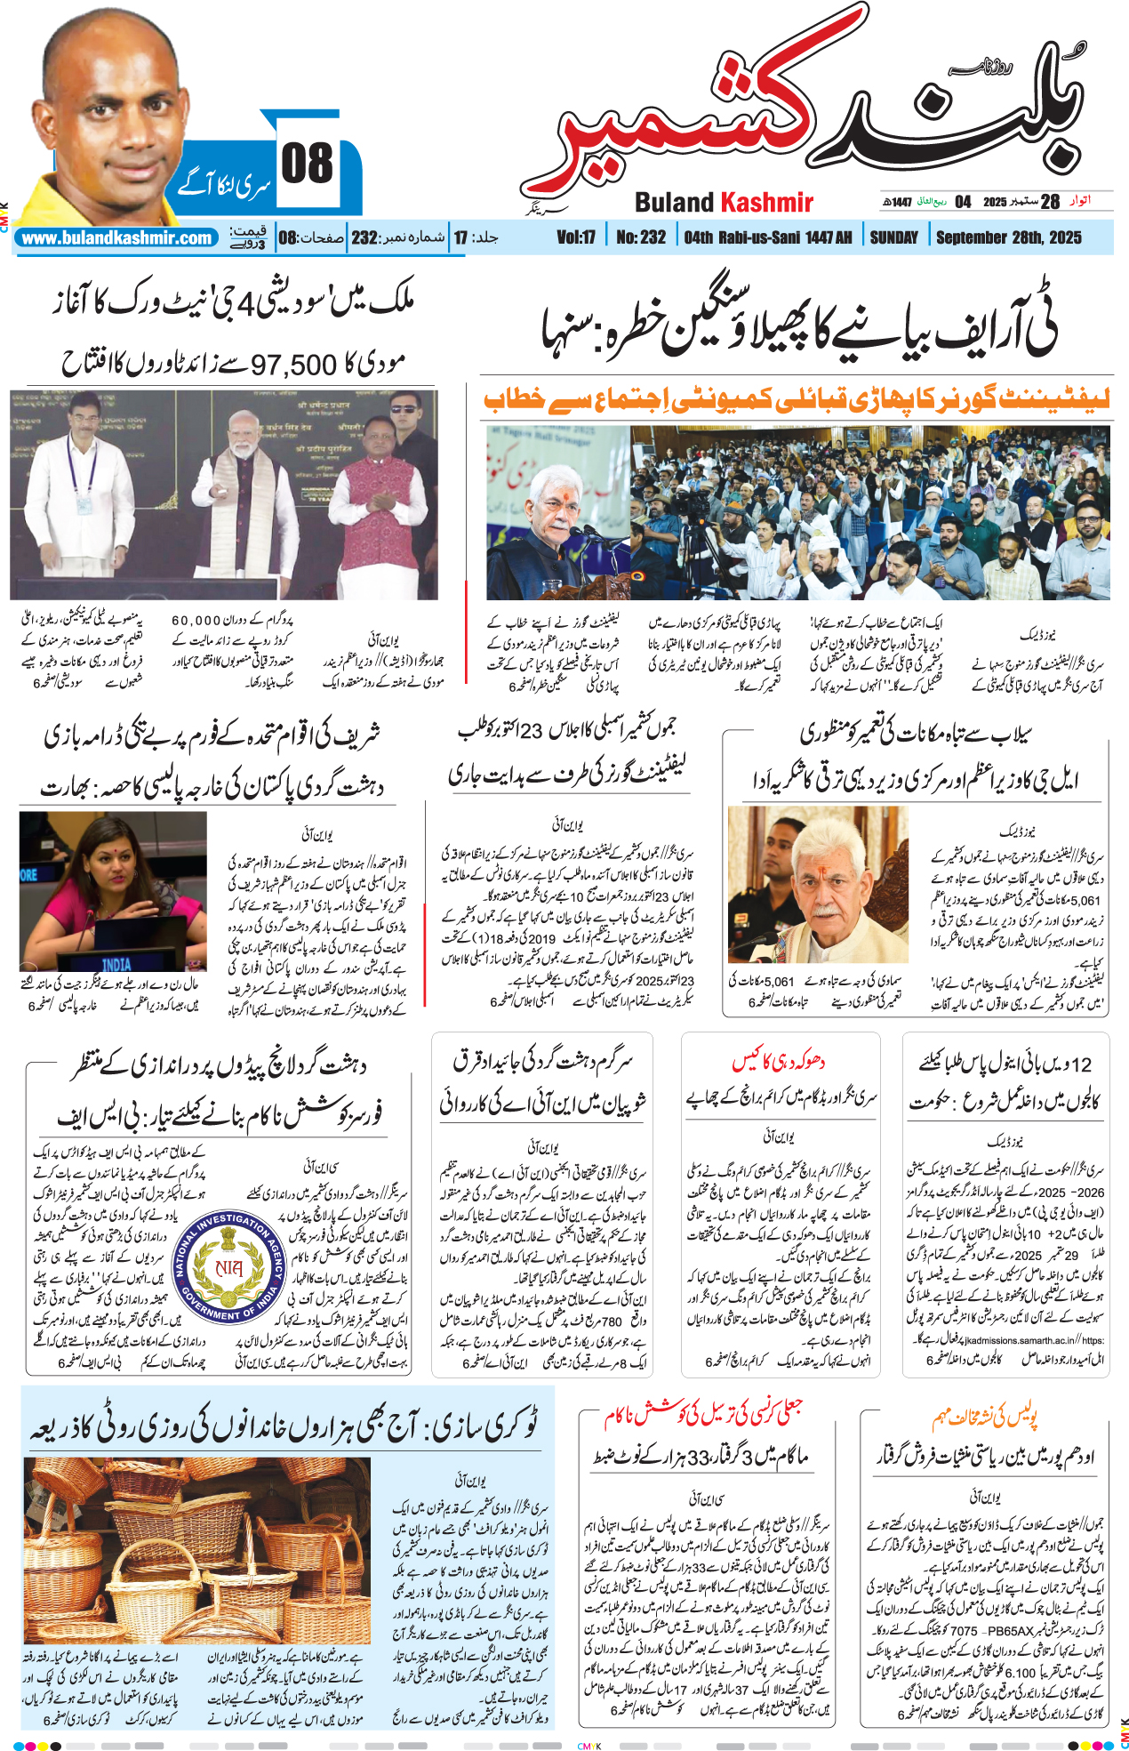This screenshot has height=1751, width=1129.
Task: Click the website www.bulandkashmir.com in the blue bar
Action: pyautogui.click(x=116, y=238)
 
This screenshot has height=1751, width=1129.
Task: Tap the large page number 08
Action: pyautogui.click(x=308, y=165)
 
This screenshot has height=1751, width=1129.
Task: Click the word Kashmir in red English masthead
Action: pyautogui.click(x=765, y=203)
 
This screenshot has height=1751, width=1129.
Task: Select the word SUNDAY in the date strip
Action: pyautogui.click(x=893, y=237)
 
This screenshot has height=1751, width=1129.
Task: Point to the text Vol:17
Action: pyautogui.click(x=576, y=237)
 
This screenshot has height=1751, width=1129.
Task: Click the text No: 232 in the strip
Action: pyautogui.click(x=640, y=237)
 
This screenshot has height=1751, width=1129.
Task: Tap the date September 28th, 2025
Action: pyautogui.click(x=1009, y=237)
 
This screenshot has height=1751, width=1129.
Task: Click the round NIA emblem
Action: pyautogui.click(x=229, y=1265)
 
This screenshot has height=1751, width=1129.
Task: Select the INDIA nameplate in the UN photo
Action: pyautogui.click(x=116, y=964)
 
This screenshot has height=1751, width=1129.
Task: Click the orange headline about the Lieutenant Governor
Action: pyautogui.click(x=797, y=400)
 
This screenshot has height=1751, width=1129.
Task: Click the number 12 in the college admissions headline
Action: pyautogui.click(x=1080, y=1064)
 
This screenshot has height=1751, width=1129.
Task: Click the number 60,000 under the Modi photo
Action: pyautogui.click(x=196, y=620)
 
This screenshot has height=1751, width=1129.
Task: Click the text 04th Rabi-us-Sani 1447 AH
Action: pyautogui.click(x=767, y=237)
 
